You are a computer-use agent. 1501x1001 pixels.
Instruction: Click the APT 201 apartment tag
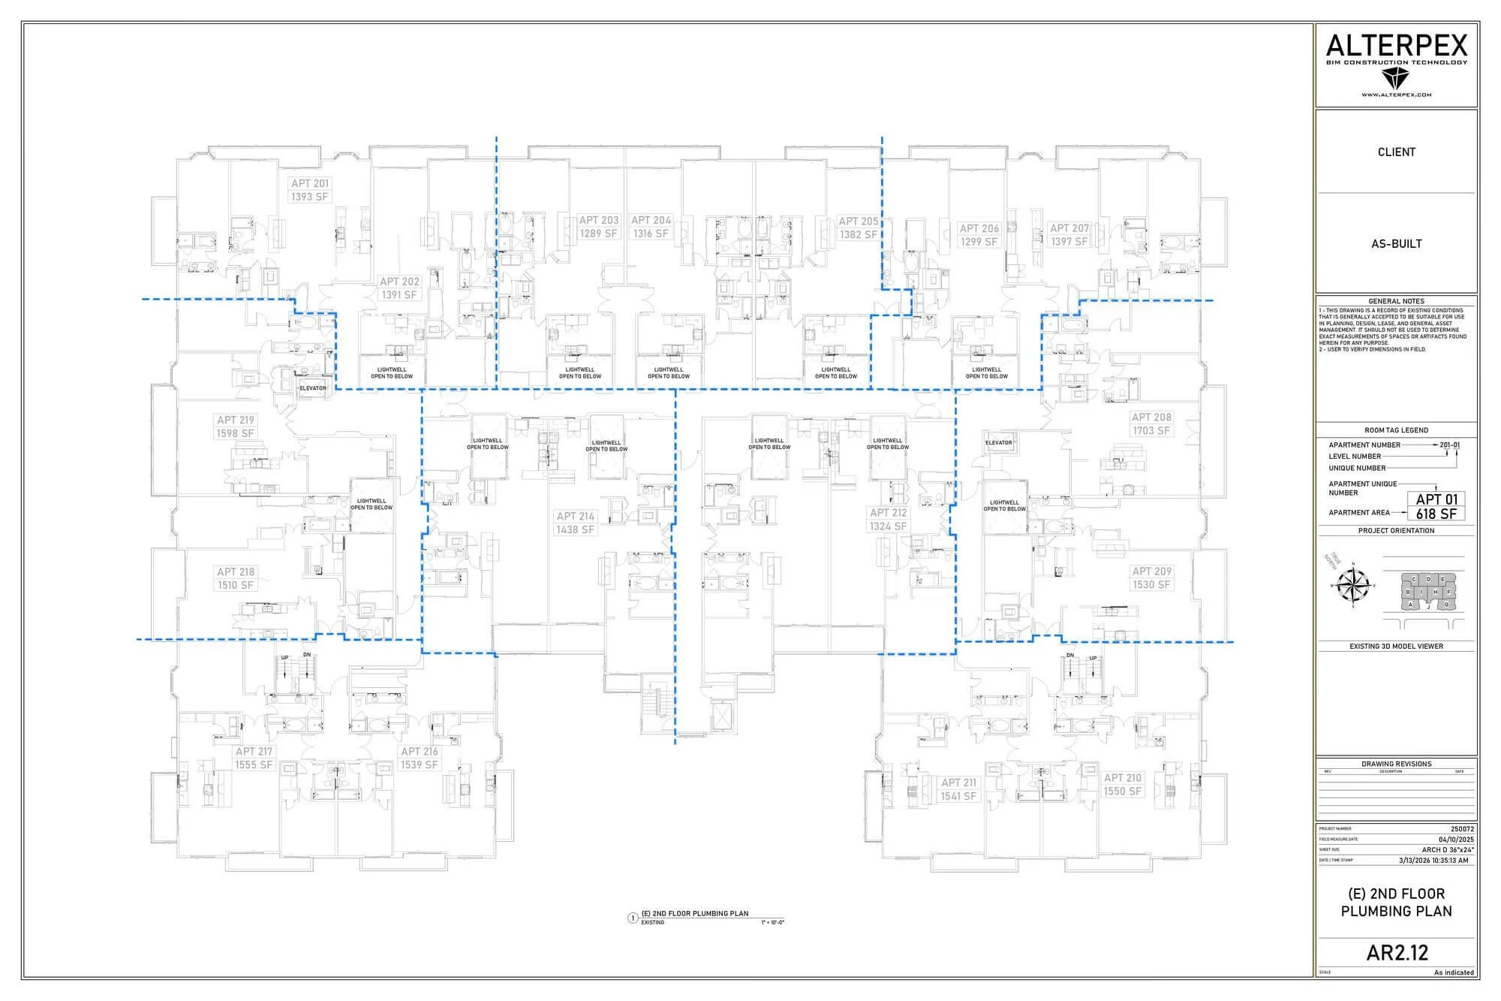pos(310,183)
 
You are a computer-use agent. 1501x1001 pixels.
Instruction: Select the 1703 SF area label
pos(1151,431)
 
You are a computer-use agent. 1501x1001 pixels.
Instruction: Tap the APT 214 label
pos(575,517)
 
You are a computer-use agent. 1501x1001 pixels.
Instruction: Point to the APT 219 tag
pos(236,421)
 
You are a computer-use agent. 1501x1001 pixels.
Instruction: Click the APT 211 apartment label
pos(958,782)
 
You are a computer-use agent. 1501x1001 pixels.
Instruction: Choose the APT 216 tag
pos(419,752)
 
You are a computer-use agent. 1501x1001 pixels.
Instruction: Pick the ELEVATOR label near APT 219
pos(313,388)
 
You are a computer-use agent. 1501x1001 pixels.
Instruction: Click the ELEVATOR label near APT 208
pos(998,443)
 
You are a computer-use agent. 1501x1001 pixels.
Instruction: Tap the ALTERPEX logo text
pos(1396,47)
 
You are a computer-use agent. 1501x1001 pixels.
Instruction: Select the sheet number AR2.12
pos(1397,952)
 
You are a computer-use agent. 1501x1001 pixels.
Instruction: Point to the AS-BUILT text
pos(1396,244)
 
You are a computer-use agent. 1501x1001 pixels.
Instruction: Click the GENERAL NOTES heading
pos(1396,301)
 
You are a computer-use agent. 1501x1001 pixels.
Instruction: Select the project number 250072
pos(1462,829)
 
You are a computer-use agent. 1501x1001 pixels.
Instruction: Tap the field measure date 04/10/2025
pos(1456,840)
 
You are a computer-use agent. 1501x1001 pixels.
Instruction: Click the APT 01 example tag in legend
pos(1436,499)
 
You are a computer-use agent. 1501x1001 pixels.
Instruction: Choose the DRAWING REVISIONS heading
pos(1396,764)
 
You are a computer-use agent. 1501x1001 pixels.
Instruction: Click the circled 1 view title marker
pos(632,917)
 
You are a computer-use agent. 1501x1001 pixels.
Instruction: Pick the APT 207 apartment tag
pos(1069,228)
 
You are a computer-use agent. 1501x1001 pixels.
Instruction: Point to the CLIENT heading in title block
pos(1396,152)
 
